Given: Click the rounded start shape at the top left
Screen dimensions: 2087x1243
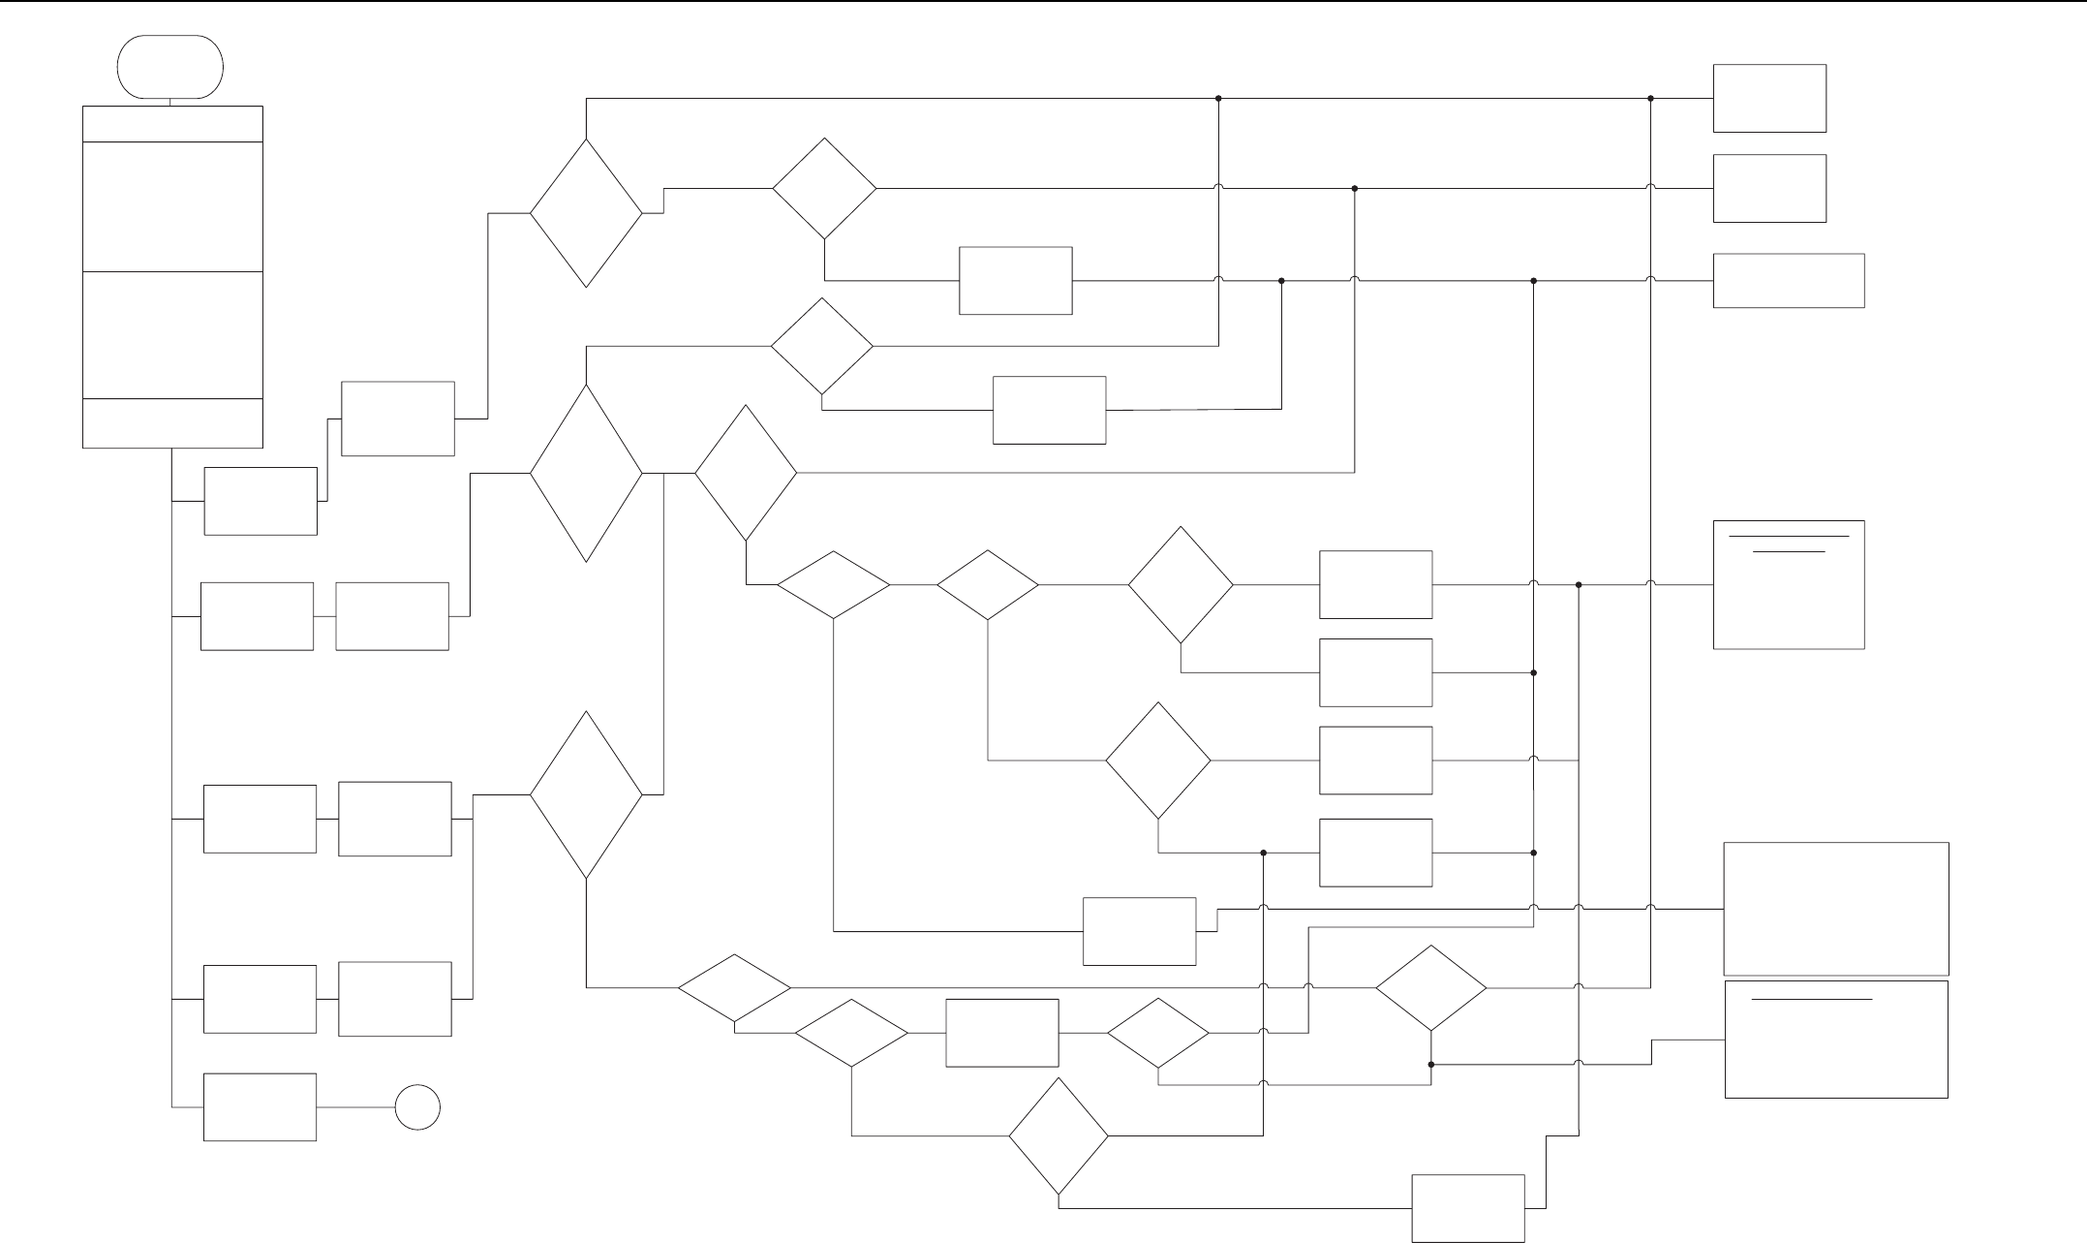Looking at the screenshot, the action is [x=170, y=67].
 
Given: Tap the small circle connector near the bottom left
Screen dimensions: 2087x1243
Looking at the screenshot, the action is [x=417, y=1106].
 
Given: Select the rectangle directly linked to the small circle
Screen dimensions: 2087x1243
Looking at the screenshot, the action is [x=260, y=1106].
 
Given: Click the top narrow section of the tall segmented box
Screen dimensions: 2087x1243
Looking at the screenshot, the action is [x=172, y=124].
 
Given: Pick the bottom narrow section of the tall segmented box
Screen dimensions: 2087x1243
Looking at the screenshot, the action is [x=172, y=423].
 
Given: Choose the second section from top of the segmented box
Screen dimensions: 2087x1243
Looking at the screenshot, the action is [x=172, y=206].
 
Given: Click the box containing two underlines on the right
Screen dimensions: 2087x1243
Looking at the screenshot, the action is [x=1789, y=584].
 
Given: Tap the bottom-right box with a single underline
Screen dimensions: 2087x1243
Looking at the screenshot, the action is [x=1836, y=1040].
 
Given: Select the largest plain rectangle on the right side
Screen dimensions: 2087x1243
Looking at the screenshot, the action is [x=1836, y=909].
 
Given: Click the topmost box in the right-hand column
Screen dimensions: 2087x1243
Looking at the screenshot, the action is [x=1769, y=98].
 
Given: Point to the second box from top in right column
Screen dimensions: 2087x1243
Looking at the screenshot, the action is [x=1769, y=188].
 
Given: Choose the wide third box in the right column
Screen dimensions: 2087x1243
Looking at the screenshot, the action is [x=1789, y=281].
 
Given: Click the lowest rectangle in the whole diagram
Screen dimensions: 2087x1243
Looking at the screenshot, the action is [x=1468, y=1208].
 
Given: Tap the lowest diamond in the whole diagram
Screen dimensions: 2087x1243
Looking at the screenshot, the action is [x=1059, y=1135].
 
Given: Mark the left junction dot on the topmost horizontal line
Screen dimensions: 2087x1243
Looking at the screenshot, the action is [x=1218, y=98].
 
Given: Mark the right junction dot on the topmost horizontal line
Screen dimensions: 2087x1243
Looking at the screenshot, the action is [x=1651, y=98].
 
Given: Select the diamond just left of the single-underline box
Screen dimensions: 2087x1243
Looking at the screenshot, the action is [x=1431, y=988].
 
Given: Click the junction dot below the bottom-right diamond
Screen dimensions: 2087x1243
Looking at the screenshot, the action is [x=1431, y=1064].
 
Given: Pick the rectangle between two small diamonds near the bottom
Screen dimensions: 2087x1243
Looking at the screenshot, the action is [x=1002, y=1033].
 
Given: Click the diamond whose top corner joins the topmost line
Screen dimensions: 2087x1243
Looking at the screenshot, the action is [x=586, y=213].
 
